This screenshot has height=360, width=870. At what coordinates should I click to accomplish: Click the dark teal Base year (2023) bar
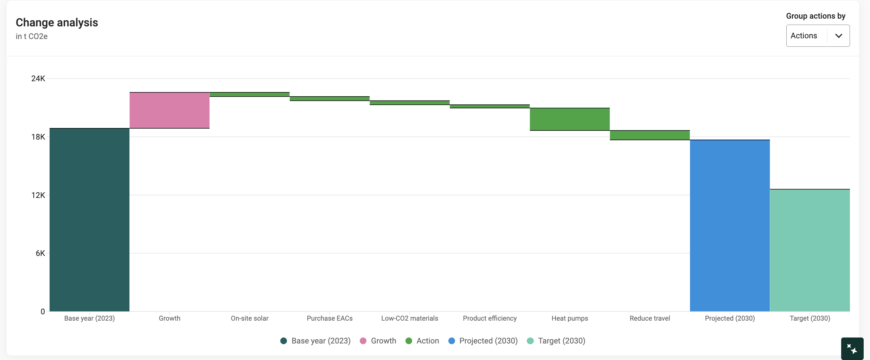point(89,220)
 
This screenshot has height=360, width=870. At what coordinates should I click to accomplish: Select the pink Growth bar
point(169,110)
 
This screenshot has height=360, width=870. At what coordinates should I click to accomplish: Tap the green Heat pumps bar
point(570,119)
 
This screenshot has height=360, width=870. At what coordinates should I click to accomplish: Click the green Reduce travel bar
point(650,135)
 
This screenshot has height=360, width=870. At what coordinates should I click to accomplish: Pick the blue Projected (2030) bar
point(730,225)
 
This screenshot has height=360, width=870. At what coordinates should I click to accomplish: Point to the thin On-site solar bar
point(250,95)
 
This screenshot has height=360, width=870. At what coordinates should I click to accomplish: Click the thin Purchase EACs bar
point(330,99)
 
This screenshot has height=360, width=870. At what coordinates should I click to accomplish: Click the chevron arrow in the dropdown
point(839,36)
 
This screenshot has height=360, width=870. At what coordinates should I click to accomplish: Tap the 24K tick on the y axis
point(38,78)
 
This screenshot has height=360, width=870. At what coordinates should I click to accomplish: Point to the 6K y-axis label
point(40,253)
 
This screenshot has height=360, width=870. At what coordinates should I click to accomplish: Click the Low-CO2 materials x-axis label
point(410,318)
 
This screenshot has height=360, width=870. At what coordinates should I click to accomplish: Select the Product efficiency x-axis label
point(490,318)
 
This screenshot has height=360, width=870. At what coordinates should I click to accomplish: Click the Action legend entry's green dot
point(409,341)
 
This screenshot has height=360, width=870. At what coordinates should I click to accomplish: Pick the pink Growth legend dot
point(363,341)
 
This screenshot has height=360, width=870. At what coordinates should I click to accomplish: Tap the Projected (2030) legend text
point(488,341)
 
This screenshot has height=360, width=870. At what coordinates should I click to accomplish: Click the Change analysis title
point(57,22)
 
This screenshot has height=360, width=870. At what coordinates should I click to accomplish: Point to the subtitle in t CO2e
point(32,36)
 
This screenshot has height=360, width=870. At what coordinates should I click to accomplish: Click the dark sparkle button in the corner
point(852,349)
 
